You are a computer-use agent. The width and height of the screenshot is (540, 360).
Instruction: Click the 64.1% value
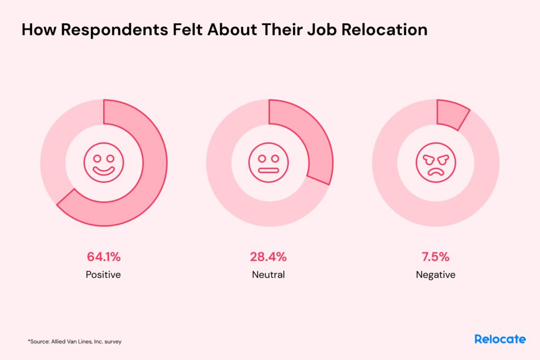point(104,257)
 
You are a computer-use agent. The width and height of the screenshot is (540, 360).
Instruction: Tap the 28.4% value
point(268,257)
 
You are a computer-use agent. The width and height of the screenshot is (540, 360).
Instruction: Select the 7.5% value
point(435,257)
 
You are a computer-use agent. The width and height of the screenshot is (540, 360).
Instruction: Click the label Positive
point(103,275)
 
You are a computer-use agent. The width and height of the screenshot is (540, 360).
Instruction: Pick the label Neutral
point(268,275)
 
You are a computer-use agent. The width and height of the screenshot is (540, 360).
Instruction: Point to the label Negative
point(435,275)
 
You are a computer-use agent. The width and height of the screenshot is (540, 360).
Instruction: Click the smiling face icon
point(103,163)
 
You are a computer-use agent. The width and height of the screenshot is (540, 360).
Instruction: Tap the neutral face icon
point(269,163)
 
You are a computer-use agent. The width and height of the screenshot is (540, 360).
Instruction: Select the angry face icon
point(435,163)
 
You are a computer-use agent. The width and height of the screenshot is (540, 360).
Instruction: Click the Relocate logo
point(500,339)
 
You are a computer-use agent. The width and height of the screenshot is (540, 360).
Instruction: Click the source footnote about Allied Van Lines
point(75,342)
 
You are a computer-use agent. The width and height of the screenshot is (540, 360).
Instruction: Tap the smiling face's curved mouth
point(103,170)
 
